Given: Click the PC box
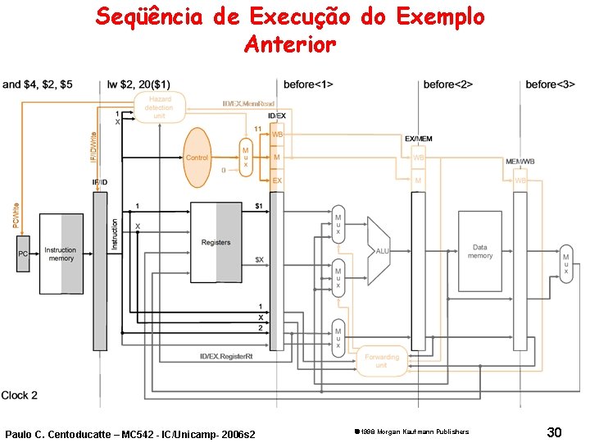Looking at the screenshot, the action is pyautogui.click(x=23, y=254).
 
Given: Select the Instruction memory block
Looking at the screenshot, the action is pyautogui.click(x=61, y=254).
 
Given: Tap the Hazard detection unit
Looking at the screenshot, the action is pyautogui.click(x=159, y=107).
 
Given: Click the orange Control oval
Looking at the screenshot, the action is pyautogui.click(x=197, y=157).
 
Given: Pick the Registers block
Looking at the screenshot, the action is pyautogui.click(x=216, y=243).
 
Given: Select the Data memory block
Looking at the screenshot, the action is pyautogui.click(x=479, y=251).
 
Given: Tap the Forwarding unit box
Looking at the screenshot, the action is pyautogui.click(x=381, y=361).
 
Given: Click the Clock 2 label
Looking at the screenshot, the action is pyautogui.click(x=20, y=395).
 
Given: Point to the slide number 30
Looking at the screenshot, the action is pyautogui.click(x=554, y=432).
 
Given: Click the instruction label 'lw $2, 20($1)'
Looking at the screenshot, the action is pyautogui.click(x=139, y=84).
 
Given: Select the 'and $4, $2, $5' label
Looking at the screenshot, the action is pyautogui.click(x=37, y=84).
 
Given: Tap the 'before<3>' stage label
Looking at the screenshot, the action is pyautogui.click(x=550, y=84).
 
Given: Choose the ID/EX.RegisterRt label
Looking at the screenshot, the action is pyautogui.click(x=233, y=356).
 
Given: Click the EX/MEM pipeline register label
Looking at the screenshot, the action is pyautogui.click(x=418, y=139).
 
